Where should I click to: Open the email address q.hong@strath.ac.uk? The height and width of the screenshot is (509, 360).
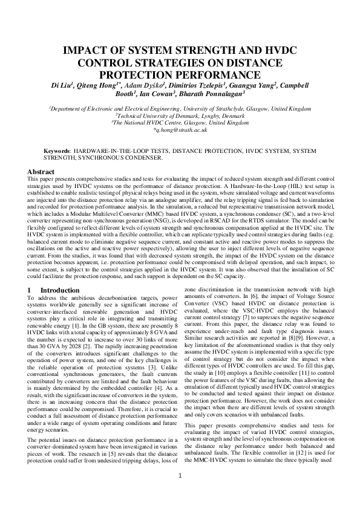click(180, 129)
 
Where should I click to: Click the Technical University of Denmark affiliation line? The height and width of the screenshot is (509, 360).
click(180, 115)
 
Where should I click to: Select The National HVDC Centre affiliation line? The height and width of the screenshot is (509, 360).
click(180, 122)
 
